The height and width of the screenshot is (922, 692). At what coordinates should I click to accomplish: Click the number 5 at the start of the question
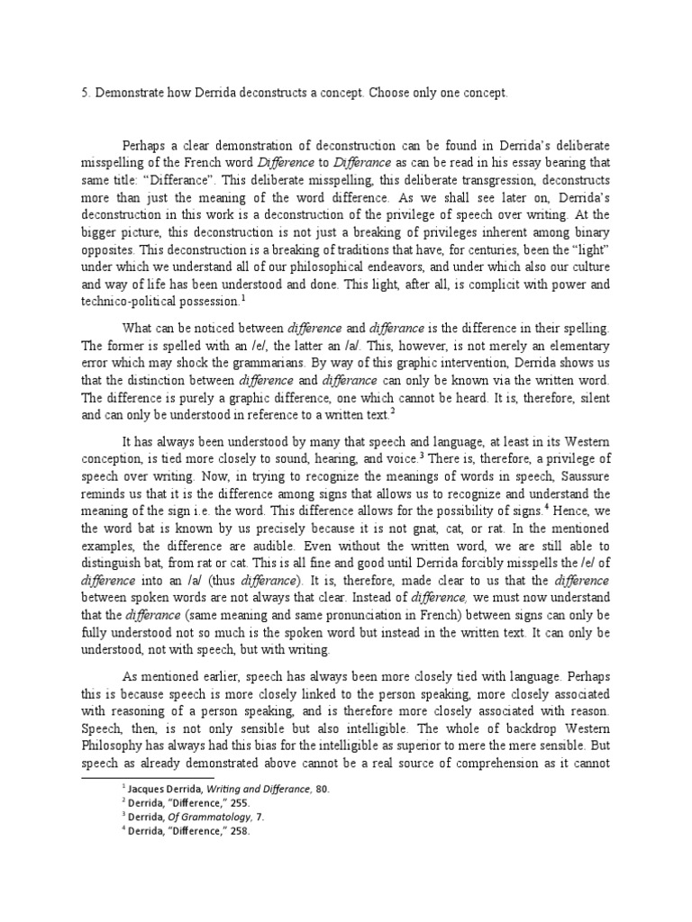click(85, 93)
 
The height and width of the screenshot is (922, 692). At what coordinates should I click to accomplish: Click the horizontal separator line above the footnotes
click(149, 777)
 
